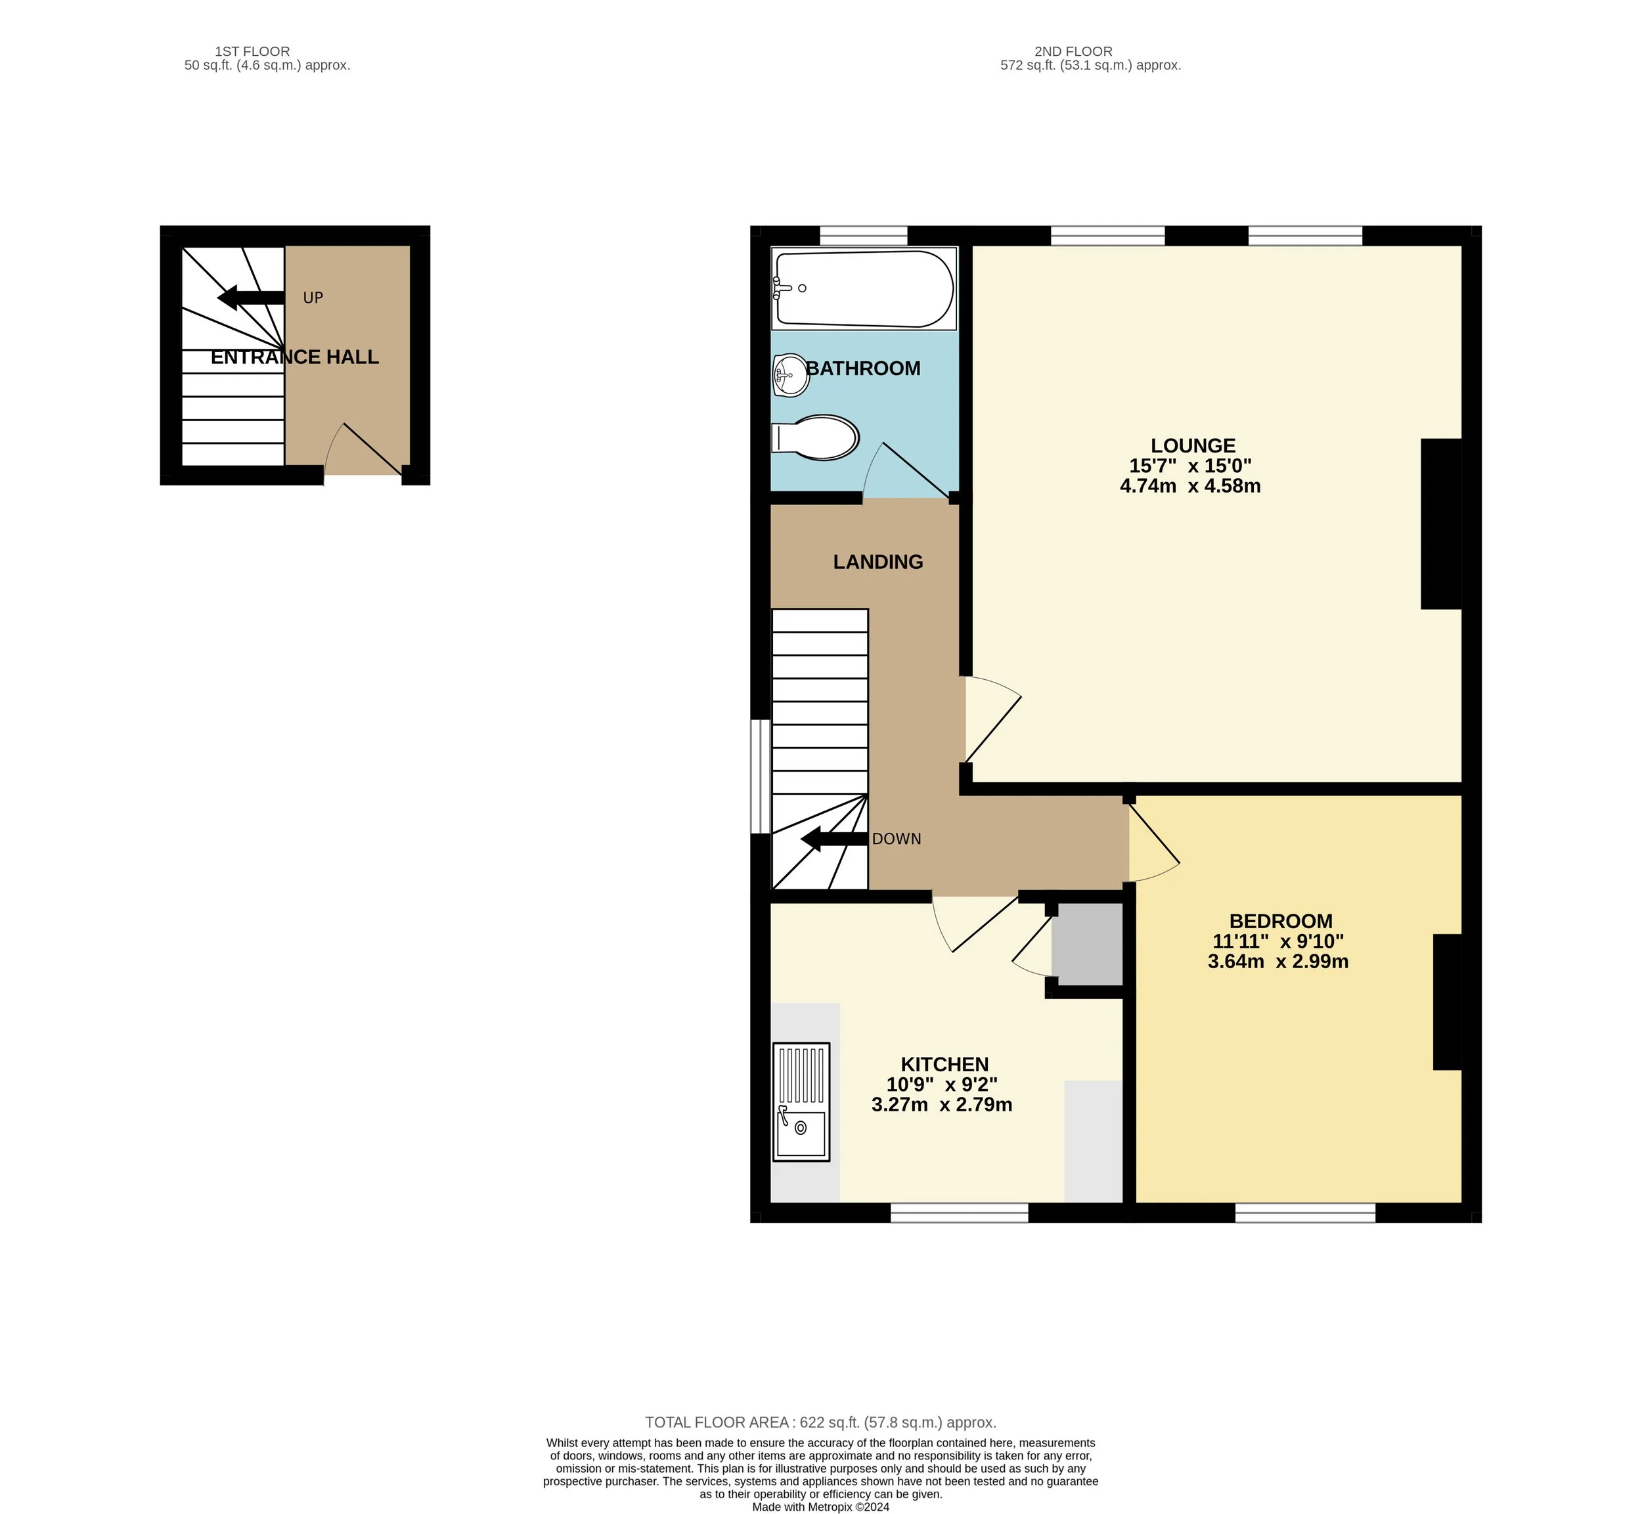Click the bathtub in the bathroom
pyautogui.click(x=864, y=288)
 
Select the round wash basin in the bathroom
pyautogui.click(x=791, y=375)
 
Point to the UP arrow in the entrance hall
pyautogui.click(x=250, y=298)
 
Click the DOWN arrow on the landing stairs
pyautogui.click(x=833, y=839)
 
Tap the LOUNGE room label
pyautogui.click(x=1192, y=446)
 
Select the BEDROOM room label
pyautogui.click(x=1280, y=921)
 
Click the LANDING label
pyautogui.click(x=877, y=562)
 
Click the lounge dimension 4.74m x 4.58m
pyautogui.click(x=1189, y=486)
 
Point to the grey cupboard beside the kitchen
pyautogui.click(x=1086, y=944)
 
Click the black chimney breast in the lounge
pyautogui.click(x=1440, y=524)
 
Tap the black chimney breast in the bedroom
pyautogui.click(x=1447, y=1001)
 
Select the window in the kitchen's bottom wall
pyautogui.click(x=959, y=1213)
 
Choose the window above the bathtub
pyautogui.click(x=863, y=236)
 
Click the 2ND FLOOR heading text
pyautogui.click(x=1073, y=51)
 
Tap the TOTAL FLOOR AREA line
pyautogui.click(x=820, y=1422)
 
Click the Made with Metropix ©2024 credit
pyautogui.click(x=820, y=1507)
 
